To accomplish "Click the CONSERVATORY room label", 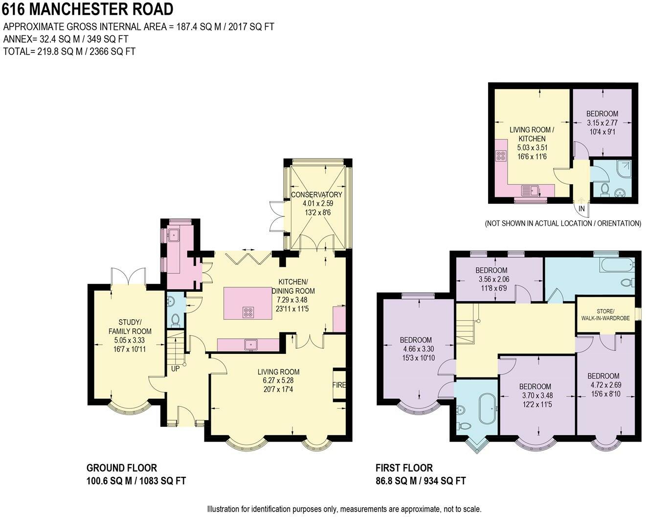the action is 316,194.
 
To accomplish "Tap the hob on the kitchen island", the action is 248,312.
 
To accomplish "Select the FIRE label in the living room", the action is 339,385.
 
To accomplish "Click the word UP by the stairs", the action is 175,369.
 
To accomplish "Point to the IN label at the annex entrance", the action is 581,208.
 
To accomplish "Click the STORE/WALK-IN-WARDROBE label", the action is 605,314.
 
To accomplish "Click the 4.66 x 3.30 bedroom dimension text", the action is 419,349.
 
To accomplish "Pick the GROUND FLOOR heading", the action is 122,468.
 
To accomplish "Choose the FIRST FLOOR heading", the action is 404,468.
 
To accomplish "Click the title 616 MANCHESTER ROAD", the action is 88,9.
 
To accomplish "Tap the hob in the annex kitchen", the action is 501,155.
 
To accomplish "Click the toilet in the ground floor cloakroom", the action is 176,320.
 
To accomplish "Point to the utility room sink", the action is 174,235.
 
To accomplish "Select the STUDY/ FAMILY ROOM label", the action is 130,327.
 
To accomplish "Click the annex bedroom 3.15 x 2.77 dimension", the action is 602,122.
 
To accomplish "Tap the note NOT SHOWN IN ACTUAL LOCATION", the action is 563,223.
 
